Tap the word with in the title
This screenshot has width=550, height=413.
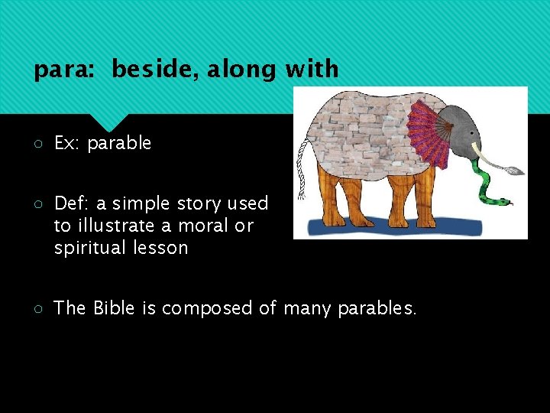tap(312, 70)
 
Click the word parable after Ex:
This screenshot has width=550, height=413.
tap(119, 143)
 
